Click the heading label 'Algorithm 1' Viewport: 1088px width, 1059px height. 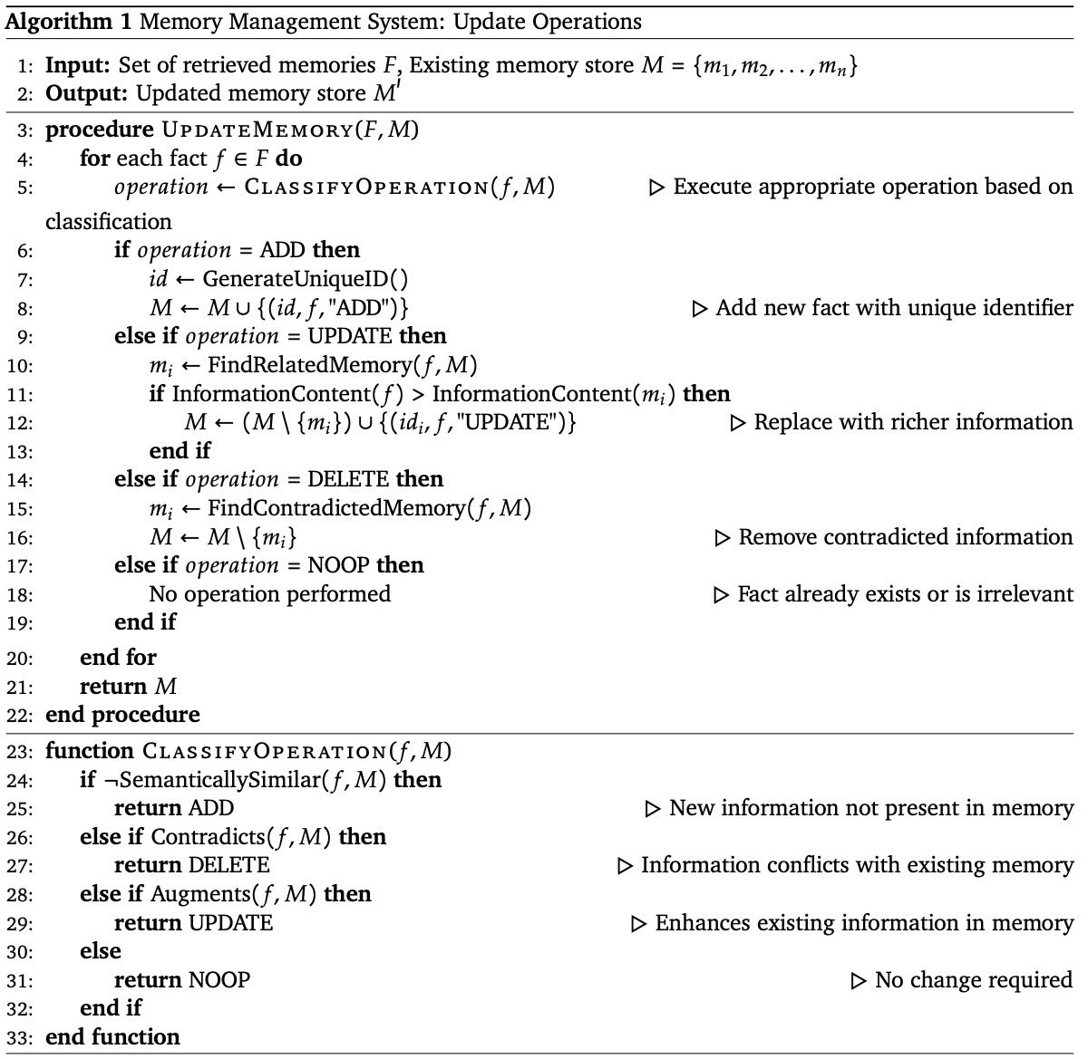(x=56, y=22)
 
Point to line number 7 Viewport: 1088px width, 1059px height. (x=25, y=279)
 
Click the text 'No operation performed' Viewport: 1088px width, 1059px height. (x=270, y=594)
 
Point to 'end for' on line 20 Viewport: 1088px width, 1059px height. (x=118, y=657)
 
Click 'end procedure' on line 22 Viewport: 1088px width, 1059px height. (x=122, y=715)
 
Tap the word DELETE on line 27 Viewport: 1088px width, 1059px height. (x=228, y=865)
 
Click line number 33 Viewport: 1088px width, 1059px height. (x=25, y=1038)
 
